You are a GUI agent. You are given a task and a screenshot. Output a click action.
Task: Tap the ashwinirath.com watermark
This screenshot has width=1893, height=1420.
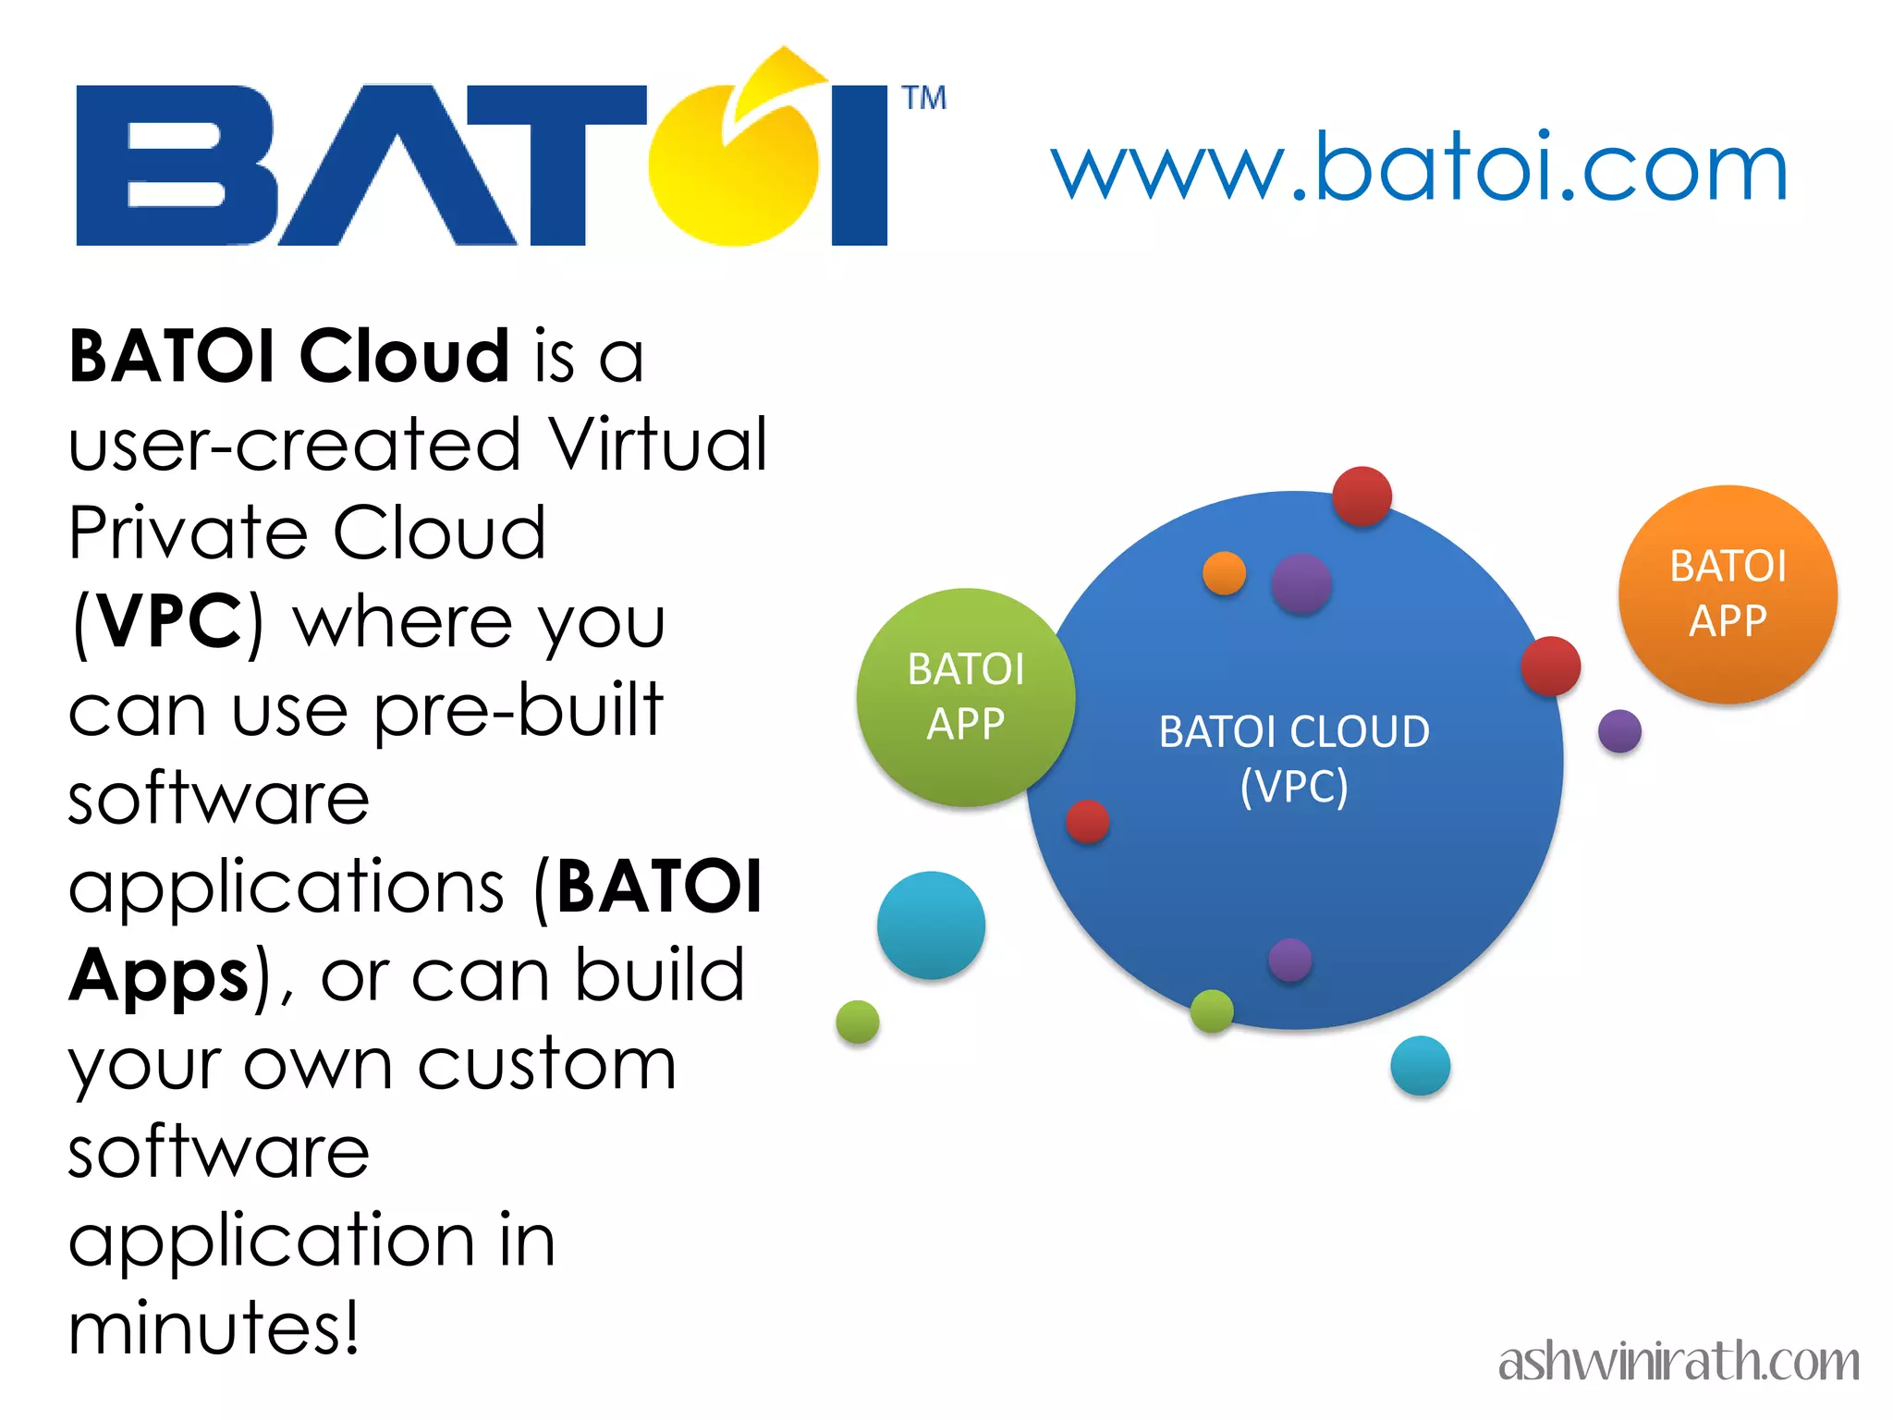[x=1678, y=1362]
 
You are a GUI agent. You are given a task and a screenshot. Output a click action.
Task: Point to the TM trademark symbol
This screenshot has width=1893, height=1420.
[x=923, y=98]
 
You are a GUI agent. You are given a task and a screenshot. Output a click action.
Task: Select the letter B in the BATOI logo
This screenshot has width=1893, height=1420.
[x=176, y=166]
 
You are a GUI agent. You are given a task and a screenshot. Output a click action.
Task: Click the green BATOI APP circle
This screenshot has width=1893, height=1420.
[x=965, y=697]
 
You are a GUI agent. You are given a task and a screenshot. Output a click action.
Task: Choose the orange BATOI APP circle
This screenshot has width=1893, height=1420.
[x=1728, y=594]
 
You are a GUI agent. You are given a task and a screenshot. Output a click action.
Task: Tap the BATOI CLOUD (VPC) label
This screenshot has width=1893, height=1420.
[x=1294, y=758]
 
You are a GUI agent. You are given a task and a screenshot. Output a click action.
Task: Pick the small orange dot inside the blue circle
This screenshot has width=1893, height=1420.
[x=1224, y=573]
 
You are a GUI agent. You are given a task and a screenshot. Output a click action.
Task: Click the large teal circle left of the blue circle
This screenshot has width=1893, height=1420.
[x=931, y=925]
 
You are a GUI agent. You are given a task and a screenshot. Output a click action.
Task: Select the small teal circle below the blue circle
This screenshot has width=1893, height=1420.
[x=1420, y=1066]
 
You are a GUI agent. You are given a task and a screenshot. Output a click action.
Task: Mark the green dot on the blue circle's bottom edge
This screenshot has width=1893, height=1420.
[x=1212, y=1010]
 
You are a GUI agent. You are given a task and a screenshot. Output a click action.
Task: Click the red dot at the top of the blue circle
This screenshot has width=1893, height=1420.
[x=1362, y=496]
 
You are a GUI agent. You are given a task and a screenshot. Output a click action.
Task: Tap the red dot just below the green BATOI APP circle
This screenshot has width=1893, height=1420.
[x=1087, y=821]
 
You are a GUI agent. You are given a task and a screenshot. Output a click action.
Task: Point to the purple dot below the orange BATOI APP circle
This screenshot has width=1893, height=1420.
[x=1619, y=731]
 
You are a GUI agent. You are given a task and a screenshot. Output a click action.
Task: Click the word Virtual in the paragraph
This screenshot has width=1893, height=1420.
[x=657, y=445]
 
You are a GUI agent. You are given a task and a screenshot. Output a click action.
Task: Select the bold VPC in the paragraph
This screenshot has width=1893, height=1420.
[x=170, y=622]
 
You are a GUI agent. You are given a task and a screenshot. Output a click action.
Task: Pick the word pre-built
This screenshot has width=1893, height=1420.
[x=519, y=710]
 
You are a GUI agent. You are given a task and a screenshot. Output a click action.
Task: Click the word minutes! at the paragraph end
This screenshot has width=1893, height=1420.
[x=214, y=1328]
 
